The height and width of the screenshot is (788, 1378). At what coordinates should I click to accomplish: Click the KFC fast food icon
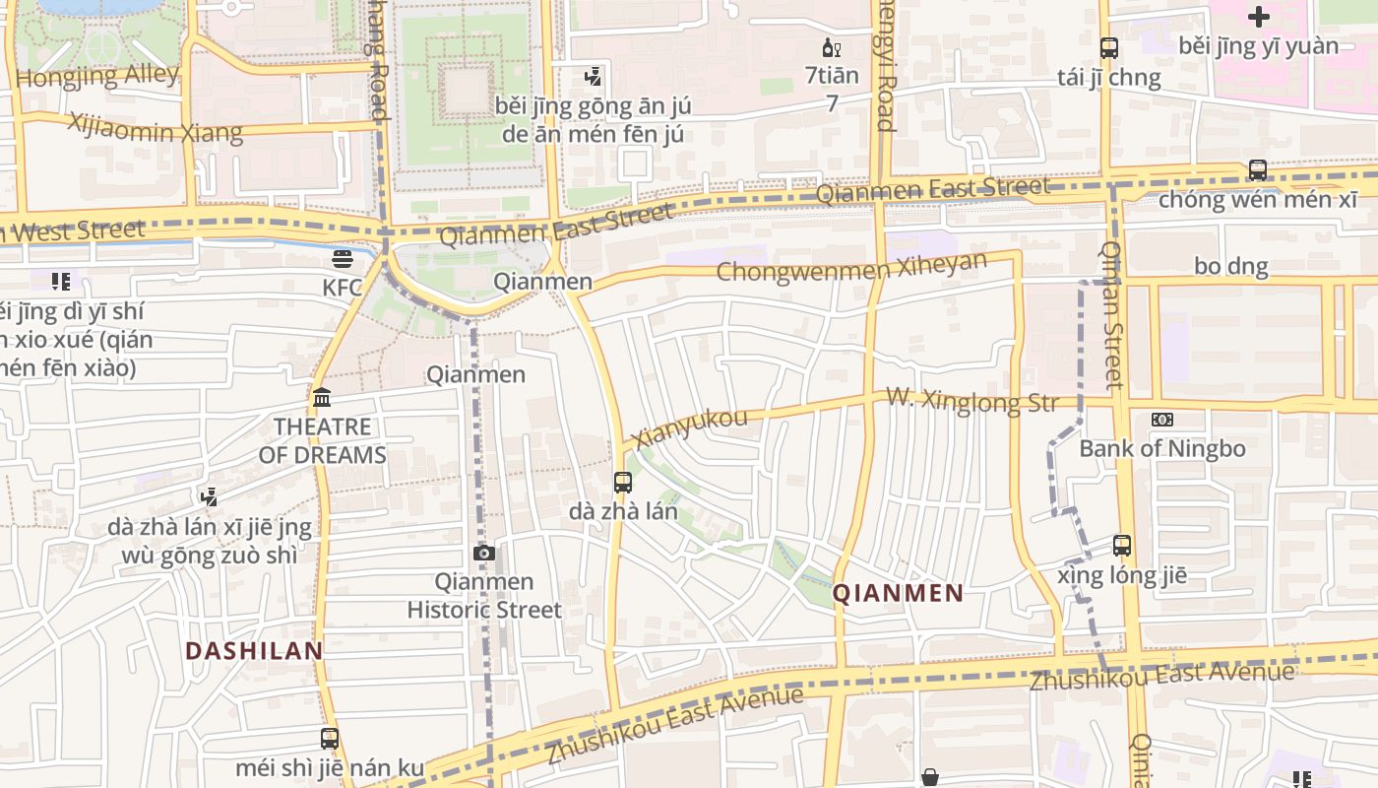pos(343,259)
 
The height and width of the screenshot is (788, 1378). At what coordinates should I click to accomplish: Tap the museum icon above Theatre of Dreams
pos(322,398)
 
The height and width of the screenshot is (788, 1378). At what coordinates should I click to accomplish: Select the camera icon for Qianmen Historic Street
pos(483,553)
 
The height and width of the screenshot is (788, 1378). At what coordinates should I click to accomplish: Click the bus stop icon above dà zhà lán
pos(622,483)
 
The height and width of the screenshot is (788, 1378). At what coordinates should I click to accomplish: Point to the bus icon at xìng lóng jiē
pos(1122,545)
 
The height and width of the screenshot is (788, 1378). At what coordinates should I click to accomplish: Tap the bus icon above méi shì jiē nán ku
pos(330,738)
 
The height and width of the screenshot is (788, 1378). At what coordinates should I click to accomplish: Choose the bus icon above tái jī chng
pos(1108,47)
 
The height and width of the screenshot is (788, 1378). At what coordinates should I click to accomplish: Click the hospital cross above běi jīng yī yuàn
pos(1258,16)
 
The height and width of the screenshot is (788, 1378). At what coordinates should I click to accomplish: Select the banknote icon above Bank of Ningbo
pos(1161,420)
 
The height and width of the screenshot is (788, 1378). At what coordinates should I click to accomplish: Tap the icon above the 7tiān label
pos(831,47)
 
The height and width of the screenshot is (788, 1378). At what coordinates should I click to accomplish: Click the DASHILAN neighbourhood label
pos(254,651)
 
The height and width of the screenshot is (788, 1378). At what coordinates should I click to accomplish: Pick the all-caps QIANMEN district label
pos(898,593)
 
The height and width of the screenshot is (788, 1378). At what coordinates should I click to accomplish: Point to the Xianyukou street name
pos(690,427)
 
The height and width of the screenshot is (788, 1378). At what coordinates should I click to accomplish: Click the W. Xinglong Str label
pos(971,401)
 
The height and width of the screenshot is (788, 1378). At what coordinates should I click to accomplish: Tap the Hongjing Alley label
pos(97,76)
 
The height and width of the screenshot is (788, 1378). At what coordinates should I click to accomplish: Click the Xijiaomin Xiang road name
pos(155,128)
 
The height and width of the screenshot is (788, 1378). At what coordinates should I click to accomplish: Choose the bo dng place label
pos(1230,266)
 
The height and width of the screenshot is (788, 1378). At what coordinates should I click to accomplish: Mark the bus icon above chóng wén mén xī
pos(1257,169)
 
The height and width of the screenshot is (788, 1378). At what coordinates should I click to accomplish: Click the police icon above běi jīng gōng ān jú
pos(593,76)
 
